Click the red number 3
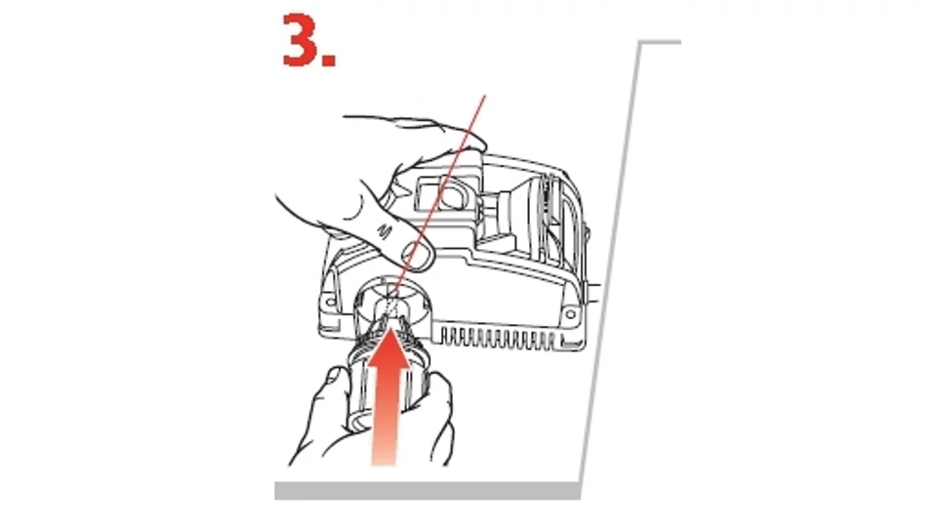click(301, 39)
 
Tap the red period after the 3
click(329, 59)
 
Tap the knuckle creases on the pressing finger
click(385, 229)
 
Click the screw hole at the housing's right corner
click(570, 313)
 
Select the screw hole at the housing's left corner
click(331, 304)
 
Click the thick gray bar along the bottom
click(428, 491)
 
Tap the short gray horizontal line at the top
click(661, 42)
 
